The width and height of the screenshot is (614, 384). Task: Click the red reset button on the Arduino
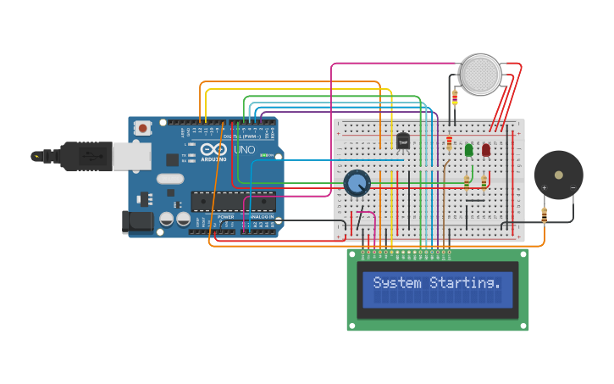click(143, 128)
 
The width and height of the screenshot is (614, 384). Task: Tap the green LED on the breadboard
click(468, 150)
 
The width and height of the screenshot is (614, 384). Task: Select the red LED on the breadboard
click(486, 150)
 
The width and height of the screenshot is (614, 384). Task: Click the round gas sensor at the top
click(481, 75)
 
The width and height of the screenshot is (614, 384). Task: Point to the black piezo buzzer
click(558, 175)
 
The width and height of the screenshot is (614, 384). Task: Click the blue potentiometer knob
click(357, 182)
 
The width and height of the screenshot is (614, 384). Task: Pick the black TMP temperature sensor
click(403, 141)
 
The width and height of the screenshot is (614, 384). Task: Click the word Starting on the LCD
click(465, 283)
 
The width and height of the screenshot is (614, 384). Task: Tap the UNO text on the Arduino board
click(244, 150)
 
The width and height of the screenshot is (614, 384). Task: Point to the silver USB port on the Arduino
click(130, 156)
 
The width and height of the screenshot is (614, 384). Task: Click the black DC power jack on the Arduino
click(137, 222)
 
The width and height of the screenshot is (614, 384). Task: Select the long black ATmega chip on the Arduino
click(233, 202)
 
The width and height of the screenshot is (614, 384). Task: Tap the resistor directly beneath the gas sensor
click(455, 99)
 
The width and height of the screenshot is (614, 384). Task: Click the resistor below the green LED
click(467, 181)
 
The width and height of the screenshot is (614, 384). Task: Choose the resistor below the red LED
click(484, 181)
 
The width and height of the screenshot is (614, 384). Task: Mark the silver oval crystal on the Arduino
click(169, 179)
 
